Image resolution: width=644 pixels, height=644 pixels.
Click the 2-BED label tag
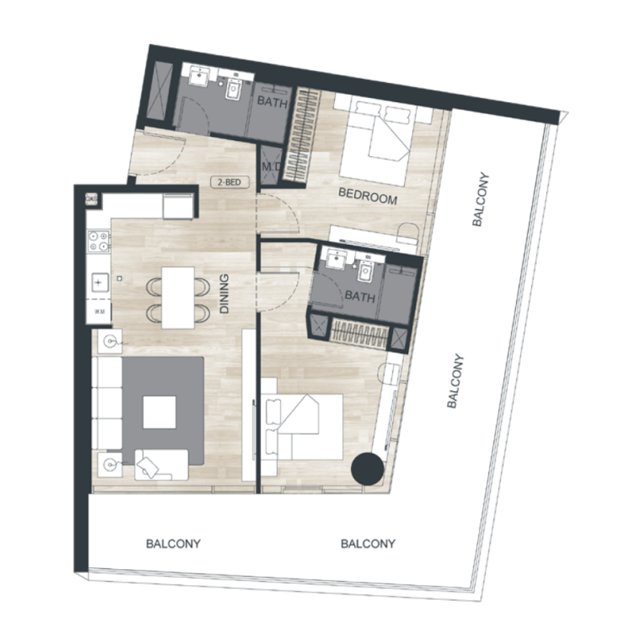coord(227,182)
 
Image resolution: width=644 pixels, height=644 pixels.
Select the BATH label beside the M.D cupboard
coord(268,102)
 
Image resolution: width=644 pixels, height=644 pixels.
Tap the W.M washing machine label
coord(100,310)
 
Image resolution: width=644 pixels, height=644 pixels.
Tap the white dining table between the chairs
coord(179,297)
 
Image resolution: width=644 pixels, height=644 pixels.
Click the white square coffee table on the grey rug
coord(159,414)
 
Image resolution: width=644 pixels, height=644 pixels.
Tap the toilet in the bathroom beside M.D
coord(233,90)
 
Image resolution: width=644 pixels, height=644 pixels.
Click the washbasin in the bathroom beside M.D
coord(197,78)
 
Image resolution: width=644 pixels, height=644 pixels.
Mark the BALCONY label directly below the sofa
coord(173,544)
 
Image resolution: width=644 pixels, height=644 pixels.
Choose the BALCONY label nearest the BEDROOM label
coord(481,200)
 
